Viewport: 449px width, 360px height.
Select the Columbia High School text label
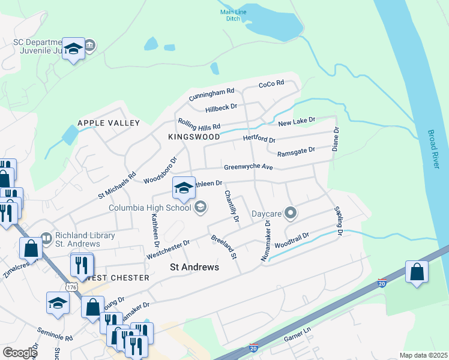pos(149,208)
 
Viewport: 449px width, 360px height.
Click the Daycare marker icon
pos(291,213)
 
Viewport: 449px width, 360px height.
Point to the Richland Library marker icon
pos(46,239)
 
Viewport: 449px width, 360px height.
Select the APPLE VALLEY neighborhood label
pos(109,123)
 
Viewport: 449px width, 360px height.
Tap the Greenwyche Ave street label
pos(249,167)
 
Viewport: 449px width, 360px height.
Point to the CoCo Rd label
pos(271,85)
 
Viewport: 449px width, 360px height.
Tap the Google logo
pos(19,353)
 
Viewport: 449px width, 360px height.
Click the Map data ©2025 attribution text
pos(423,355)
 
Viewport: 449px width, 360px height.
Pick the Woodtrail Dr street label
pos(291,242)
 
